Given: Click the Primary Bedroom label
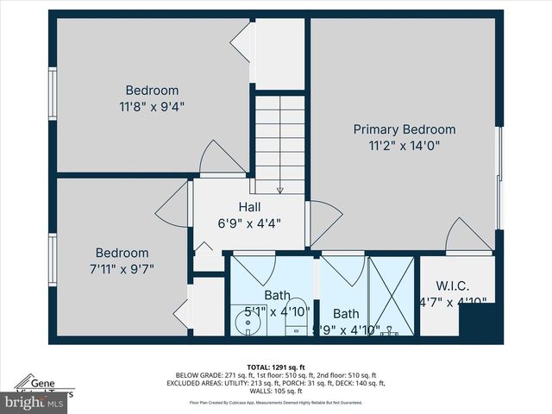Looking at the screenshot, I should pyautogui.click(x=405, y=129).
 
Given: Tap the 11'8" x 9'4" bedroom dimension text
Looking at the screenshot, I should pyautogui.click(x=152, y=106).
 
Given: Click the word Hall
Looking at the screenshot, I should pyautogui.click(x=249, y=207).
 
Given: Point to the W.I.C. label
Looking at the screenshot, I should pyautogui.click(x=452, y=285).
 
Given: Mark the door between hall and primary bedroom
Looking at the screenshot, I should pyautogui.click(x=323, y=222).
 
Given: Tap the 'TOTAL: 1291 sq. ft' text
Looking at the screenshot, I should pyautogui.click(x=275, y=366).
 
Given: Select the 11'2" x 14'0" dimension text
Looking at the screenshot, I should pyautogui.click(x=405, y=146).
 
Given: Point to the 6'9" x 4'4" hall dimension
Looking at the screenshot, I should pyautogui.click(x=249, y=223).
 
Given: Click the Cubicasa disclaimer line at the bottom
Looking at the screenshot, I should pyautogui.click(x=275, y=402).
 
